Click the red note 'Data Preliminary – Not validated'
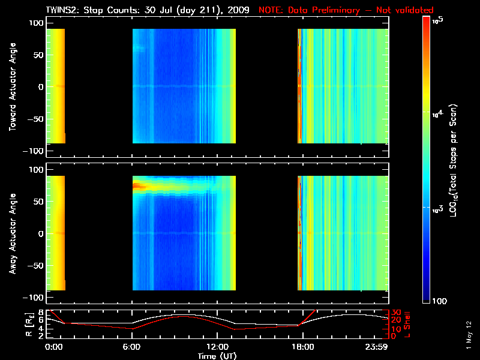pyautogui.click(x=346, y=10)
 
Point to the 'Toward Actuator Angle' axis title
pyautogui.click(x=13, y=88)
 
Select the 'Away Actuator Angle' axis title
pyautogui.click(x=13, y=235)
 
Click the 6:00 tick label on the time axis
pyautogui.click(x=132, y=347)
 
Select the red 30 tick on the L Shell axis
pyautogui.click(x=396, y=313)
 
